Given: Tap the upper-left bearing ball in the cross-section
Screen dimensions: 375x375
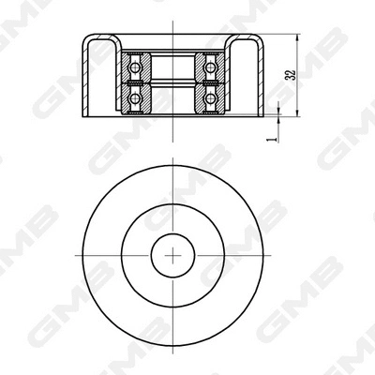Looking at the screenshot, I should pyautogui.click(x=137, y=67).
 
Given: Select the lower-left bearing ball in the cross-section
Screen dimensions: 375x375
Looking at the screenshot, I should pyautogui.click(x=137, y=97).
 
